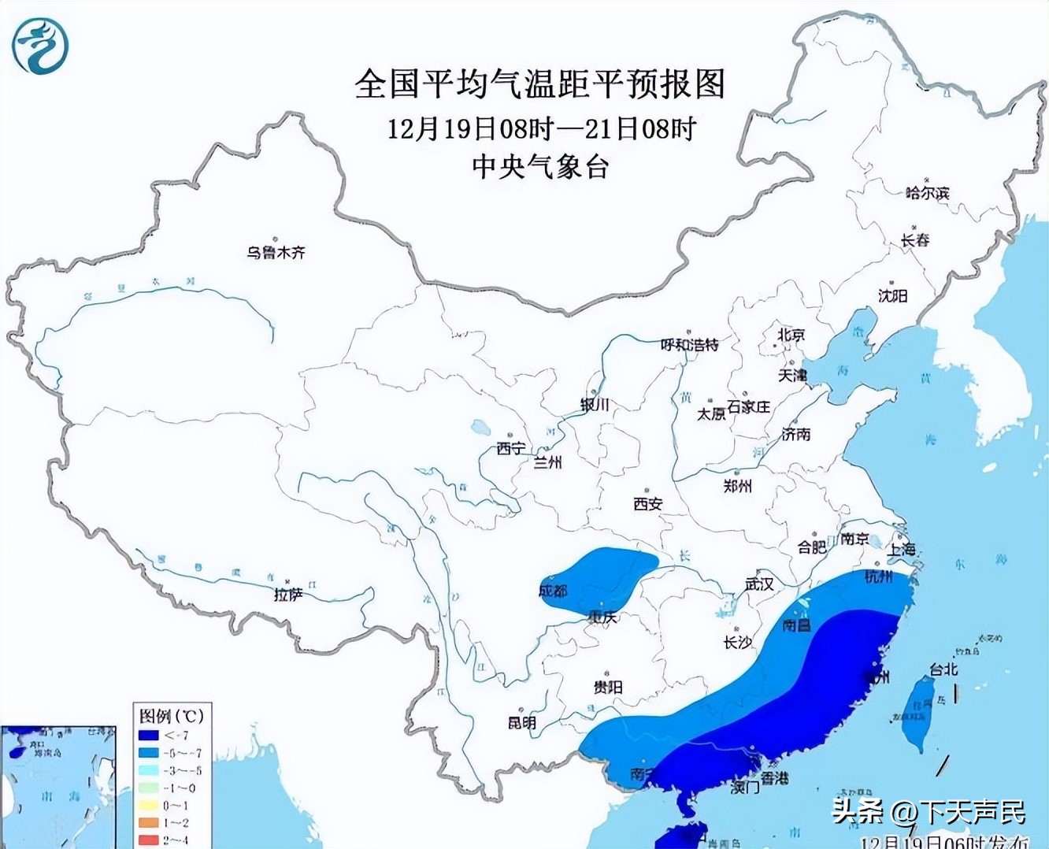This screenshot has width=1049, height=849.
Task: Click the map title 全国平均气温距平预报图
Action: click(539, 83)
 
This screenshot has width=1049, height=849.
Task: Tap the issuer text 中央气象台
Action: click(539, 167)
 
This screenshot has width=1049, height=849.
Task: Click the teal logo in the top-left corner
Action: click(40, 46)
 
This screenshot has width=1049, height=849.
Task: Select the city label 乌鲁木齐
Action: click(275, 253)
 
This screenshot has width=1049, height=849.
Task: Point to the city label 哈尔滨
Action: click(927, 193)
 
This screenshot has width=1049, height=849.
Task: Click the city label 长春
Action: click(915, 240)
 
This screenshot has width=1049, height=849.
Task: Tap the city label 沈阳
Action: click(892, 295)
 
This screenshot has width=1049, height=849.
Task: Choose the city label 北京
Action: click(791, 335)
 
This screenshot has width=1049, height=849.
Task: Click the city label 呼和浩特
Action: click(689, 344)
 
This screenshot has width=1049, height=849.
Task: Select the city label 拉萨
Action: click(288, 595)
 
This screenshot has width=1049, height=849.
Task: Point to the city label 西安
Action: click(647, 504)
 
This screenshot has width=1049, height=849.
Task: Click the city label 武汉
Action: click(759, 584)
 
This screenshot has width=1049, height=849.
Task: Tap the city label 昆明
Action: click(521, 722)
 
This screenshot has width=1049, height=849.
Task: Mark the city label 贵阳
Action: click(608, 688)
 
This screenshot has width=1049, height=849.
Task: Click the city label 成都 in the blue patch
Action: click(553, 591)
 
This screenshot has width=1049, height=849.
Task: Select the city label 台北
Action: click(943, 669)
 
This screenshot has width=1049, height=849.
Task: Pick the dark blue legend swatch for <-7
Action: click(148, 736)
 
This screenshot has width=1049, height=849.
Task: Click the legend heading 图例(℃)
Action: click(171, 716)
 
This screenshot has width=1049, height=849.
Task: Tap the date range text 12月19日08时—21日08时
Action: click(541, 128)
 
